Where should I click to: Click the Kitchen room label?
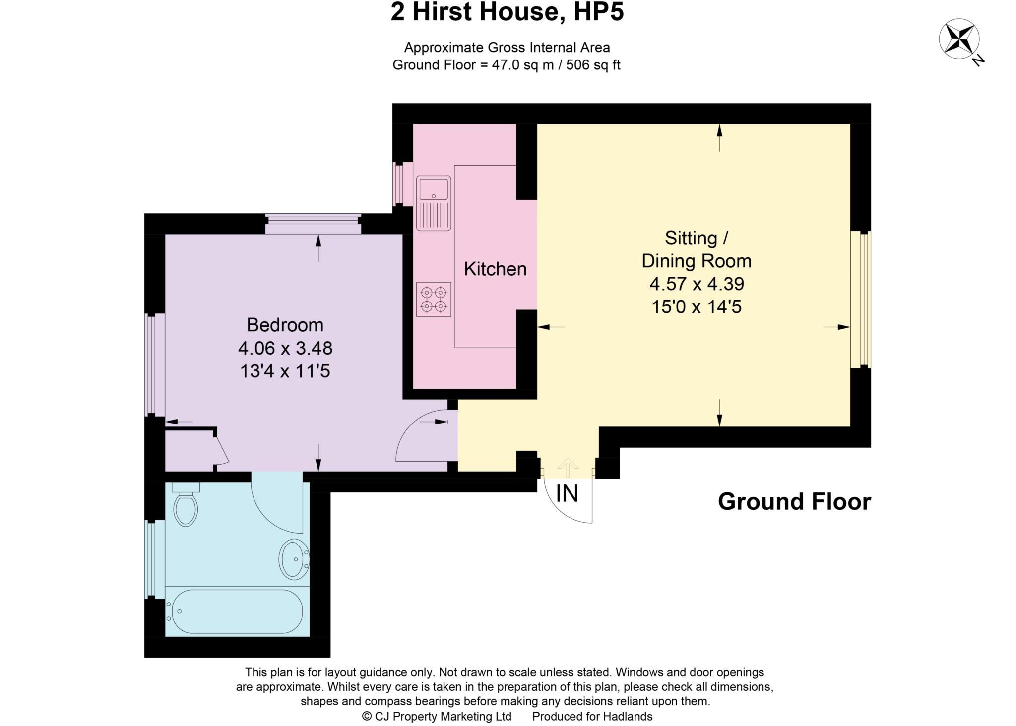495,269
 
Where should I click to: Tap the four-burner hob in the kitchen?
434,300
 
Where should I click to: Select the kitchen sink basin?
434,189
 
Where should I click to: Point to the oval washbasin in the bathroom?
294,559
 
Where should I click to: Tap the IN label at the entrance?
567,494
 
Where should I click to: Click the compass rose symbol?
958,39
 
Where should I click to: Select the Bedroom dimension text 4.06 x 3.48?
285,348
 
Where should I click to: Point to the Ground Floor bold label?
794,502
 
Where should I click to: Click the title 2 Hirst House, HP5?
507,12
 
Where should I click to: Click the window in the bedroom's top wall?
313,224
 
